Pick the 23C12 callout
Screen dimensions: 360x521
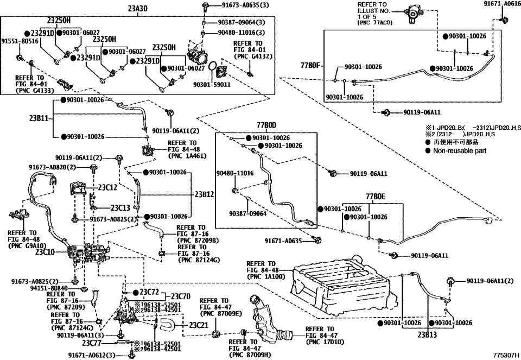tap(107, 187)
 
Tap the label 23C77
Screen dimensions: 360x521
tap(93, 343)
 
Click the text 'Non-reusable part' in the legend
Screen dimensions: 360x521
tap(460, 150)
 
